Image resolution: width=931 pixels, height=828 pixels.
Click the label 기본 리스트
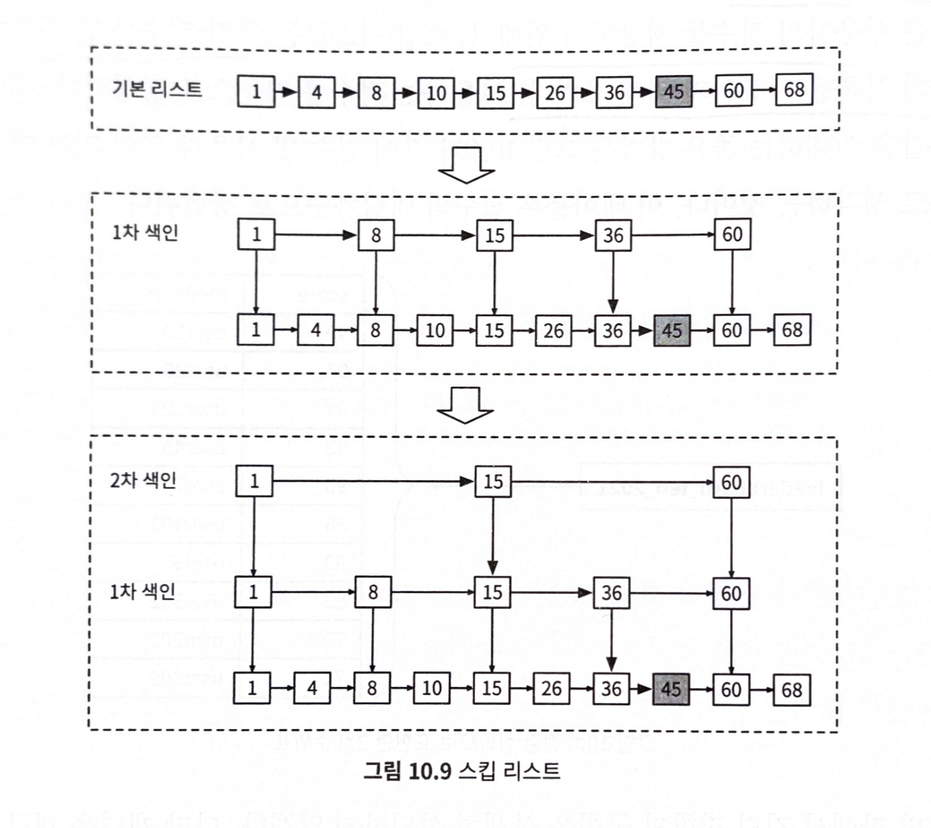click(156, 89)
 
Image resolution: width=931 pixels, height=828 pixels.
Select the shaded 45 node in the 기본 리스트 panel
click(674, 91)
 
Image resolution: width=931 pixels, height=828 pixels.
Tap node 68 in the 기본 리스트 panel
click(793, 90)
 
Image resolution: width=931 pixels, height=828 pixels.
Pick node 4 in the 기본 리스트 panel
click(316, 92)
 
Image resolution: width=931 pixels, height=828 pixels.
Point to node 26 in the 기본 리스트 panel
click(555, 92)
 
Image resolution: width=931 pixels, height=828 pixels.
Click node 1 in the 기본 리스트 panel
click(256, 91)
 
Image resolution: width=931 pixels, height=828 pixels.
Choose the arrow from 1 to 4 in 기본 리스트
click(286, 92)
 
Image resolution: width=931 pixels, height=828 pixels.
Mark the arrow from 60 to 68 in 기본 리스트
click(764, 90)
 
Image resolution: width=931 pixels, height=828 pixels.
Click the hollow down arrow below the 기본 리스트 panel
click(467, 165)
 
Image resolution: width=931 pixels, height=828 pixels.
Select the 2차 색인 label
click(143, 480)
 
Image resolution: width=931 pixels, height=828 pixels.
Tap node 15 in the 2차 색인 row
click(493, 482)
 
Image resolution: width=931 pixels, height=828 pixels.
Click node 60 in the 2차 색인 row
click(731, 482)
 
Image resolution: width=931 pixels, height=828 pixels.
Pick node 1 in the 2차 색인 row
click(254, 482)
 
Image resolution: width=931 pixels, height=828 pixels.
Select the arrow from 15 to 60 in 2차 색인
click(612, 482)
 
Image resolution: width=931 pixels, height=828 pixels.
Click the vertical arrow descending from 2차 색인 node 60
click(731, 537)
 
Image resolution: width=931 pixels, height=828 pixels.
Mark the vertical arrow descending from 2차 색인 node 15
click(493, 536)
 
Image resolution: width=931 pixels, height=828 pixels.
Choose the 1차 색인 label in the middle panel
click(145, 232)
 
